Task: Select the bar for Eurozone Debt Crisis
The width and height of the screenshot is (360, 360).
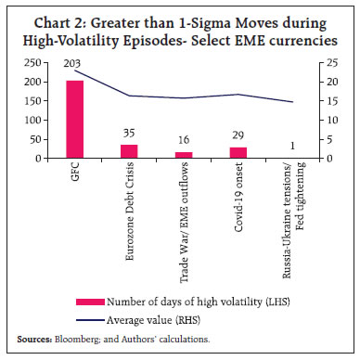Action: pyautogui.click(x=128, y=150)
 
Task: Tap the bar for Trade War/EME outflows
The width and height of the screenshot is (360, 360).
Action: pyautogui.click(x=182, y=154)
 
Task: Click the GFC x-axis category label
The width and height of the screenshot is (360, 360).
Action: pyautogui.click(x=74, y=172)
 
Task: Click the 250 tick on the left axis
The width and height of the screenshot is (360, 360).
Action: pyautogui.click(x=34, y=62)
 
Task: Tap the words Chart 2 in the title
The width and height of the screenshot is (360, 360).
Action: pyautogui.click(x=66, y=19)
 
